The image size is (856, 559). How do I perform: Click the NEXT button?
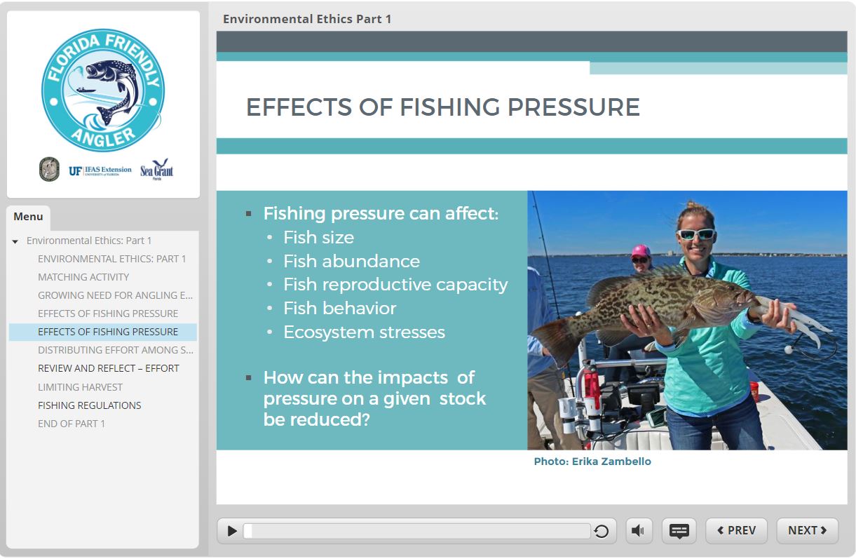click(807, 530)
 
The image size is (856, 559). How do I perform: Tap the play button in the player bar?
click(231, 531)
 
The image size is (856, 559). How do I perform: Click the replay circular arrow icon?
click(601, 531)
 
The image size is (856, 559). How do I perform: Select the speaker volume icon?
click(639, 530)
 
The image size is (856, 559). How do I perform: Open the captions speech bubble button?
click(679, 530)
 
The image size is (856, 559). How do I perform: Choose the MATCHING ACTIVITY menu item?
click(83, 277)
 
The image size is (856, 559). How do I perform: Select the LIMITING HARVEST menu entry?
click(80, 387)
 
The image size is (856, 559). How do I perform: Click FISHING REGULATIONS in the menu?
click(90, 405)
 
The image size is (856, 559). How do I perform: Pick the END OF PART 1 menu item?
click(71, 424)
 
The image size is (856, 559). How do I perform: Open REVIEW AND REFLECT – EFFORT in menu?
click(109, 368)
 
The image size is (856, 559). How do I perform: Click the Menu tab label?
click(28, 217)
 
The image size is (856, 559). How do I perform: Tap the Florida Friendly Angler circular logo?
click(103, 90)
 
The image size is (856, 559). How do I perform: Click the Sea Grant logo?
click(156, 169)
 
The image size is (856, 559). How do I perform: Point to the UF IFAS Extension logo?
click(100, 170)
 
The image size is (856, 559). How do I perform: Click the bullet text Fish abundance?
click(351, 262)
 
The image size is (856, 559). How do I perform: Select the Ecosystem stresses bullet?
click(364, 332)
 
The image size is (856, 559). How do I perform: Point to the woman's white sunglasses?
click(696, 234)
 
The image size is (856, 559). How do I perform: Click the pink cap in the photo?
click(641, 251)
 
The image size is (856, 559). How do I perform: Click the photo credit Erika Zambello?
click(592, 462)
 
